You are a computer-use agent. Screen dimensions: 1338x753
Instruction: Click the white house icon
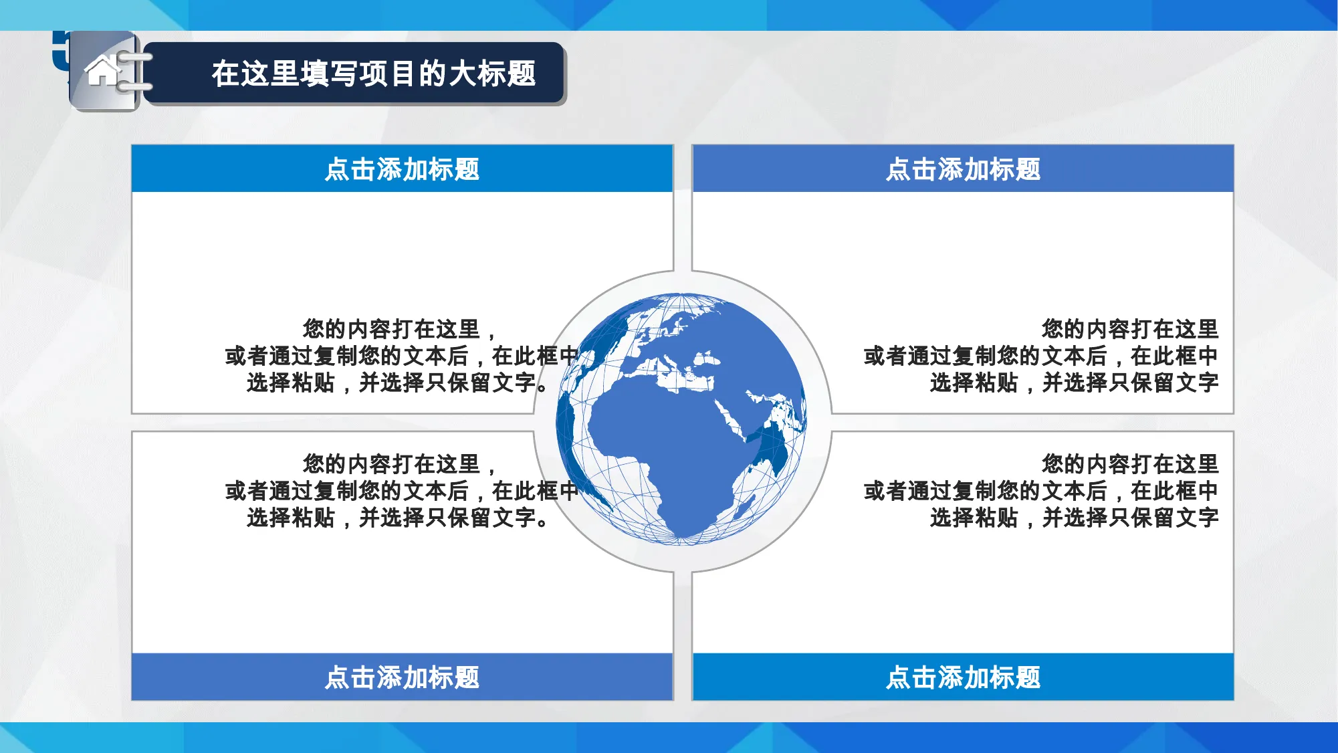tap(102, 71)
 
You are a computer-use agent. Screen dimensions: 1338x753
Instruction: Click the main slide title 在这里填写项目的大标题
tap(374, 74)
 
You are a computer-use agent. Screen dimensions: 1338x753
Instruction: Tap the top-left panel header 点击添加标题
tap(402, 169)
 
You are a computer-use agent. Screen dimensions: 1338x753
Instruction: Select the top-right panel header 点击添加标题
tap(963, 169)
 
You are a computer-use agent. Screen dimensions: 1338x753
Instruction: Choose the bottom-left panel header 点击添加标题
tap(402, 677)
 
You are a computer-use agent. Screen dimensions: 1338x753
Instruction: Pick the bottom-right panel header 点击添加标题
tap(963, 677)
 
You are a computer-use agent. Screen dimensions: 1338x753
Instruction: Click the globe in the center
tap(681, 419)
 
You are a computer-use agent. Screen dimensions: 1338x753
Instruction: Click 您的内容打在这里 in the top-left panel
tap(391, 329)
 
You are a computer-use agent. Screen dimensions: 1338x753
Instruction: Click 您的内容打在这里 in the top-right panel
tap(1130, 329)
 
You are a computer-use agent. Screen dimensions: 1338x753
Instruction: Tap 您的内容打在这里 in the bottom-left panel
tap(391, 464)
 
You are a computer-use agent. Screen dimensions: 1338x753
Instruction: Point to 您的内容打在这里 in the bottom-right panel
tap(1130, 464)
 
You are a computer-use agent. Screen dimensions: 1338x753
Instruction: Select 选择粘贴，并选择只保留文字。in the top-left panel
tap(398, 383)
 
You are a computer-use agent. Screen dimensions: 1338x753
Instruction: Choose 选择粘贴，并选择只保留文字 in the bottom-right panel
tap(1074, 518)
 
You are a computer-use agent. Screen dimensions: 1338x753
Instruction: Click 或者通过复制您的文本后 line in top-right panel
tap(985, 356)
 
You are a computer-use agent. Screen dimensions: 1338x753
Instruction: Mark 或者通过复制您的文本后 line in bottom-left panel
tap(346, 491)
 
